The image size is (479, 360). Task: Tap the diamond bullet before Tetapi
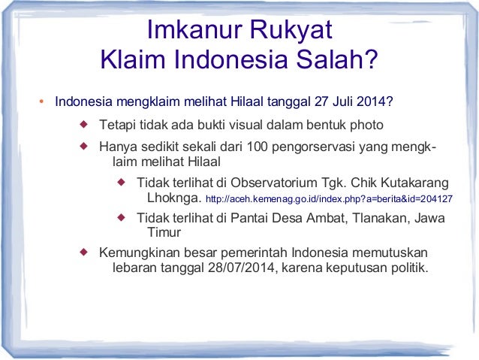tap(84, 123)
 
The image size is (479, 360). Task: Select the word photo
tap(366, 124)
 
